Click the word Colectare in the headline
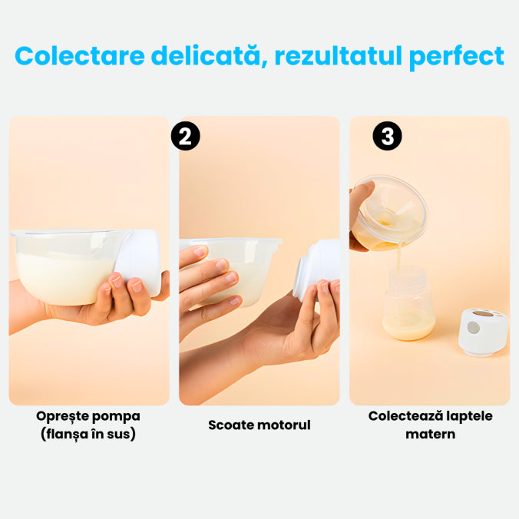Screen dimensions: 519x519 point(80,55)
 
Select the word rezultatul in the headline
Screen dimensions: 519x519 point(339,55)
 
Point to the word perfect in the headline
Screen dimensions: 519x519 point(457,57)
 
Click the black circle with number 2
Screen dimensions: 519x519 point(185,136)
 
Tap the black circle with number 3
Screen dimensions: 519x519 point(387,136)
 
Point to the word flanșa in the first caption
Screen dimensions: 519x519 point(66,434)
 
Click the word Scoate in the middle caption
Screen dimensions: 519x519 point(228,425)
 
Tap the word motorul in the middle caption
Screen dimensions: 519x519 point(281,425)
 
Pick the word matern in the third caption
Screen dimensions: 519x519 point(430,434)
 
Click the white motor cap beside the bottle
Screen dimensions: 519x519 point(483,332)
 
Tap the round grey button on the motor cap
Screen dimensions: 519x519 point(474,328)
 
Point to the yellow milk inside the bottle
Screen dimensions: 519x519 point(409,326)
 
